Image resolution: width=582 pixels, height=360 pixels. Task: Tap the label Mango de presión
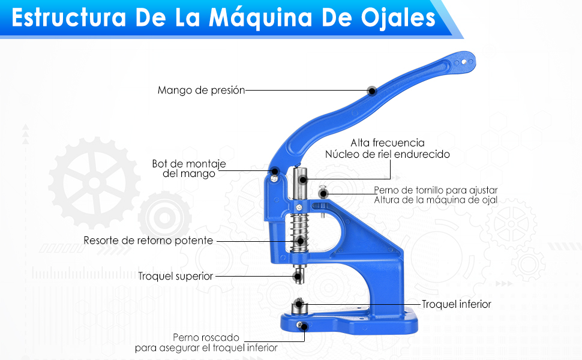201,91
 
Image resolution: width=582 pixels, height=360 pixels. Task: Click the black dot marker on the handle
372,91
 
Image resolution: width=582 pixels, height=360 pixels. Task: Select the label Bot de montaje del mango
185,169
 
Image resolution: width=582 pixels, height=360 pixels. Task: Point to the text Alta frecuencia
388,143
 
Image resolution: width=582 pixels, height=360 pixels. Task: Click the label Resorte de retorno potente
148,241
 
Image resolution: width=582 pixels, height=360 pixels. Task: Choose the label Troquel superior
175,276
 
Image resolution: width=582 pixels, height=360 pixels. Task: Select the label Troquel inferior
456,304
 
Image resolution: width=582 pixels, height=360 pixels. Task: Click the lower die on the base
298,307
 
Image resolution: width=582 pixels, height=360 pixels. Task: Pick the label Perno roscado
206,337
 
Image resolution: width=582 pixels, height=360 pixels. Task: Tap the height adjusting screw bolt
323,193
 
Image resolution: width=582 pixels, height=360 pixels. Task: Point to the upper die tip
298,276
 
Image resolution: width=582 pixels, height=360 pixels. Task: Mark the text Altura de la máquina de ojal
436,200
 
